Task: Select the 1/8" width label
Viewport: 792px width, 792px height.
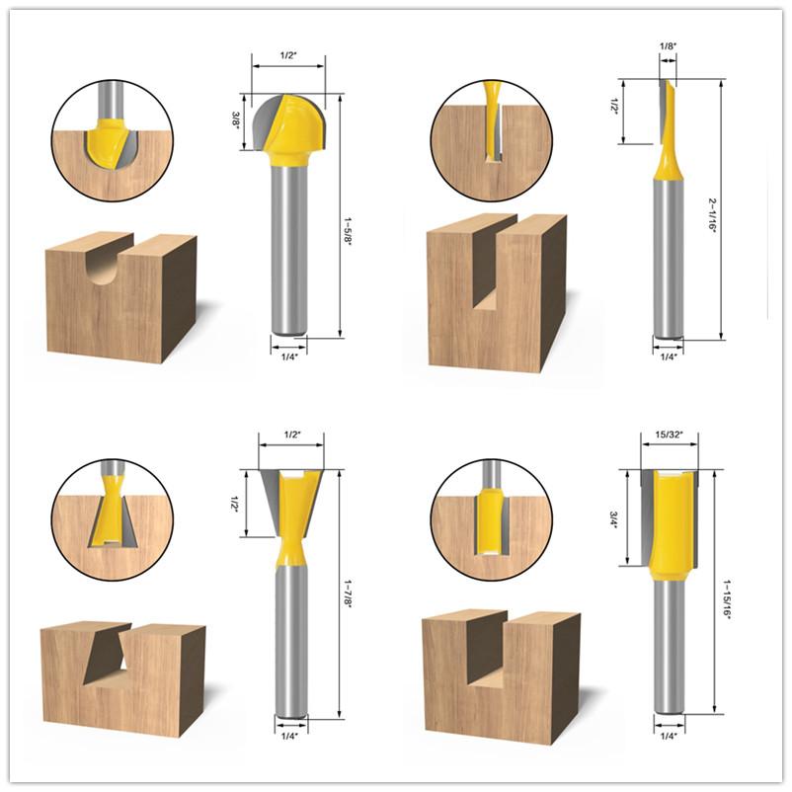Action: [x=668, y=45]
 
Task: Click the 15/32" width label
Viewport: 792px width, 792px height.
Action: [x=669, y=433]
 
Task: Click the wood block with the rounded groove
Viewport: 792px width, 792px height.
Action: [x=119, y=296]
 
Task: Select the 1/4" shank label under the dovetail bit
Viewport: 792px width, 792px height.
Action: [x=289, y=733]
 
